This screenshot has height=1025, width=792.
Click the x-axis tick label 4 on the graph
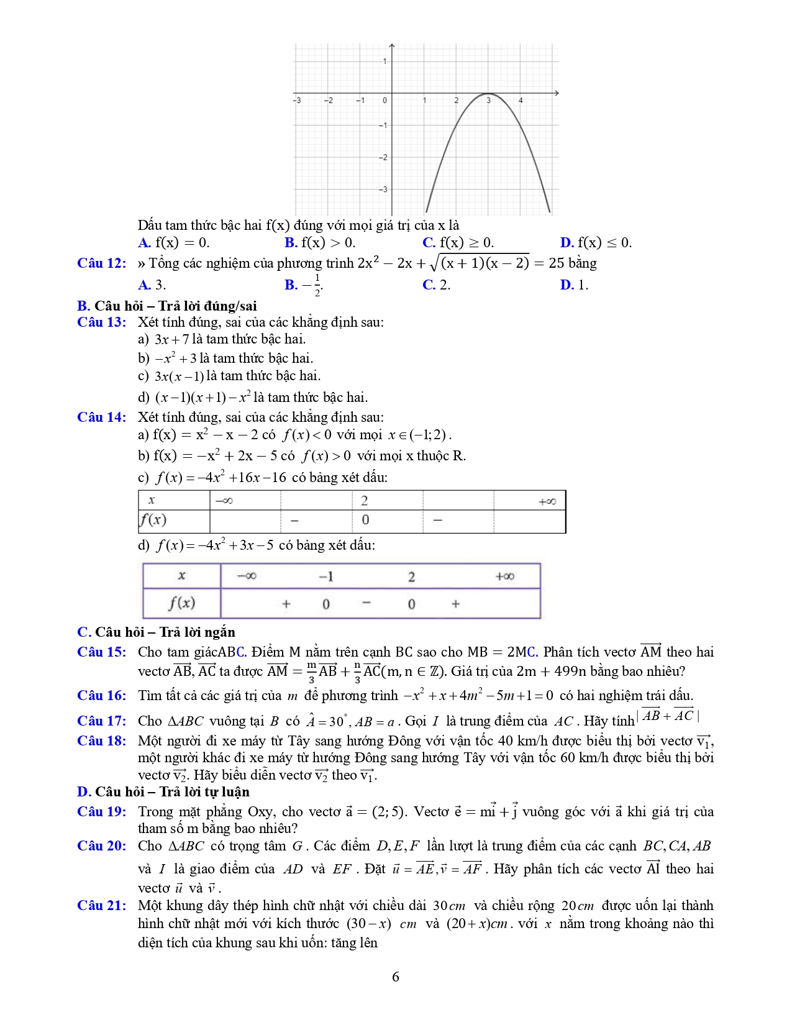coord(521,100)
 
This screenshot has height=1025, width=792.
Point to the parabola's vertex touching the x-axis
coord(488,94)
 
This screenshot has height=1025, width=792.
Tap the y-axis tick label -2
coord(383,157)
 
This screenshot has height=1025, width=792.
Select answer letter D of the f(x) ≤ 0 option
coord(566,243)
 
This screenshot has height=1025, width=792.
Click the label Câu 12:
coord(101,263)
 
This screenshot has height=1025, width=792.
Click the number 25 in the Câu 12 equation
coord(557,263)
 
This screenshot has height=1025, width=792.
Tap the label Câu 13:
coord(101,322)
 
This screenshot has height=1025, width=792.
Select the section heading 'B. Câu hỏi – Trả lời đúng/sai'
coord(166,306)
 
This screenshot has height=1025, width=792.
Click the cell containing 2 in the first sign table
coord(365,501)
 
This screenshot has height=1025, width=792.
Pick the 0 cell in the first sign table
coord(365,520)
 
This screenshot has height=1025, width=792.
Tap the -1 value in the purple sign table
coord(326,576)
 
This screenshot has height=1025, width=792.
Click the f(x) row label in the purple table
coord(181,603)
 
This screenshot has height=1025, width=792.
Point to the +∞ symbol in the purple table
coord(504,576)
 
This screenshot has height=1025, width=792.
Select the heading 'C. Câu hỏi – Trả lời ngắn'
coord(156,632)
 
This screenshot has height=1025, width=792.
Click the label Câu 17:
coord(101,721)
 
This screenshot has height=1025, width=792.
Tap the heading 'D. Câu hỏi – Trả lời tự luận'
coord(163,792)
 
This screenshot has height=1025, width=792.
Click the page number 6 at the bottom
coord(396,977)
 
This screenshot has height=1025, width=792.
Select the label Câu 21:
coord(101,906)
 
